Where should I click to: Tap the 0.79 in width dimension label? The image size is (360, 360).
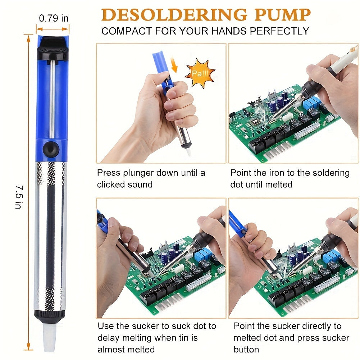(54, 18)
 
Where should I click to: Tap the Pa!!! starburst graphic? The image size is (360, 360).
(200, 73)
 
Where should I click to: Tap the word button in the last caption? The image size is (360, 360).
(246, 349)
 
